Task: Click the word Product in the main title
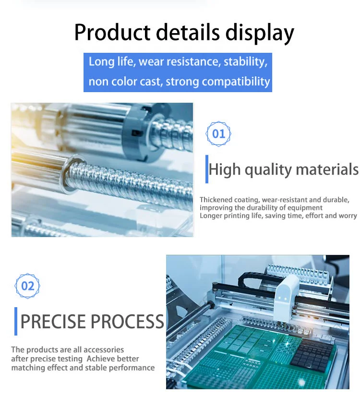click(x=112, y=32)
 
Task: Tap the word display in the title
click(x=260, y=33)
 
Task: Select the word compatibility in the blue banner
click(x=236, y=82)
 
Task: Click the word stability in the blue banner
click(x=245, y=62)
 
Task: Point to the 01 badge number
click(x=218, y=134)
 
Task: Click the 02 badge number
click(x=27, y=286)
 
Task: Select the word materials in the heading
click(x=327, y=169)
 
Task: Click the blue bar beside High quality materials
click(x=206, y=169)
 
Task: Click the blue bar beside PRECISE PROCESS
click(x=16, y=322)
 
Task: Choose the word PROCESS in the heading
click(x=128, y=322)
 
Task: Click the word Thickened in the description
click(x=216, y=200)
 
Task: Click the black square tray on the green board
click(x=312, y=353)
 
